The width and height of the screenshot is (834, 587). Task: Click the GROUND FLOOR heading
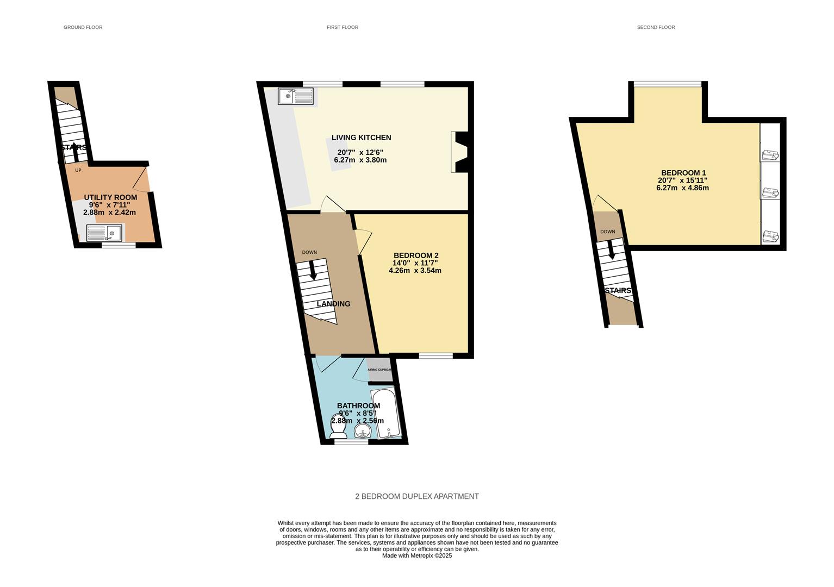click(83, 27)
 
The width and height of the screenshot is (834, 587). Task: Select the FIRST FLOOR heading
click(343, 27)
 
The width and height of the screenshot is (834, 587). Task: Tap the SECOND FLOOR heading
click(656, 27)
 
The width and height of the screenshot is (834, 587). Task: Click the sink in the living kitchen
click(295, 97)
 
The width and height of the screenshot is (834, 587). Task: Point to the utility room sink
click(105, 233)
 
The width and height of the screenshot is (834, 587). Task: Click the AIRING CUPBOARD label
click(379, 370)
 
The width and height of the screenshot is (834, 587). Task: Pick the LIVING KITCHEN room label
click(362, 138)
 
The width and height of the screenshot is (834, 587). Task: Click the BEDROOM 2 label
click(416, 255)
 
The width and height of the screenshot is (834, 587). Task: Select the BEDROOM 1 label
click(683, 173)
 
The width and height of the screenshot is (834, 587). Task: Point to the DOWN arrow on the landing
click(313, 270)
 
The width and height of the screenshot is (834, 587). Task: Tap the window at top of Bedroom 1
click(668, 84)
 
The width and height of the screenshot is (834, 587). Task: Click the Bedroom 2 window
click(435, 356)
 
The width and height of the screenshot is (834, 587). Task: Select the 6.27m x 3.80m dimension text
click(360, 160)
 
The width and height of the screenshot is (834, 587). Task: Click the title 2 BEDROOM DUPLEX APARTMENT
click(417, 496)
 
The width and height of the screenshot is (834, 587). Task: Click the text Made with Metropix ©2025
click(417, 555)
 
